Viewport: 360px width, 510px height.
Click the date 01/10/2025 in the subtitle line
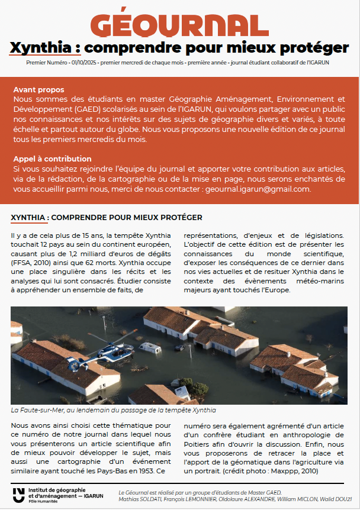(x=82, y=62)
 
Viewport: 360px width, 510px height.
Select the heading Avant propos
(x=36, y=89)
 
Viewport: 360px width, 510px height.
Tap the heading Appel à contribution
(x=52, y=159)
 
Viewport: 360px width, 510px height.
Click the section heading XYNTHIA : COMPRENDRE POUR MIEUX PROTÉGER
(x=107, y=218)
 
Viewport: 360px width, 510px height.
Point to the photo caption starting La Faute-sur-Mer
(x=112, y=410)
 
